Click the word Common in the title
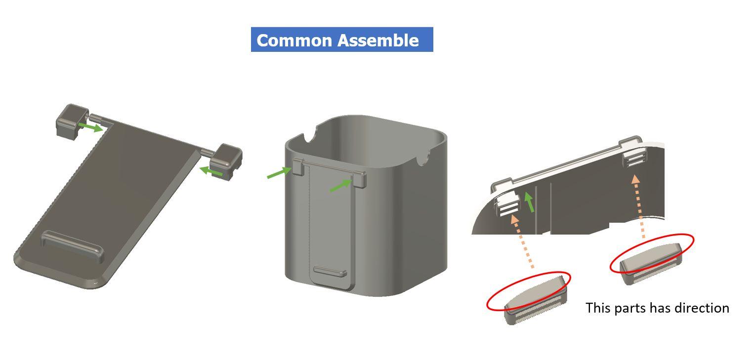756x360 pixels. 294,40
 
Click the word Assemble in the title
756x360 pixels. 378,40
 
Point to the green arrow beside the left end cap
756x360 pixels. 90,127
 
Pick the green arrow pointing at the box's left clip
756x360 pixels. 279,172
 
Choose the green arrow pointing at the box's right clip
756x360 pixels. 341,185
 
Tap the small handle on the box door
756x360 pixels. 330,271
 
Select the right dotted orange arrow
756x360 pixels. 639,206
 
